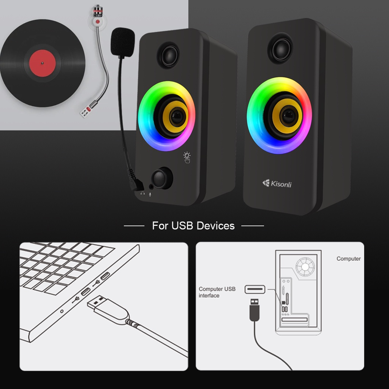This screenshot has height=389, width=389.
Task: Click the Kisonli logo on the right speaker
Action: pos(277,184)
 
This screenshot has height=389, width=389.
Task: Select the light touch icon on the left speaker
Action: pos(187,157)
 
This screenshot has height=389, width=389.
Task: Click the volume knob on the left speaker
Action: pos(161,178)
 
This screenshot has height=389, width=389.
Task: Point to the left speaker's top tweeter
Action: pos(169,55)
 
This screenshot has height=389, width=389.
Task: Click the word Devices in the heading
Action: pos(214,226)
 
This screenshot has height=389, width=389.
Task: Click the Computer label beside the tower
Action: pos(348,259)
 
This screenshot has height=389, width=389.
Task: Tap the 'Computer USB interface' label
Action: pos(217,292)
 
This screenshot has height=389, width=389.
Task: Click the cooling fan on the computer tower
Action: pos(306,267)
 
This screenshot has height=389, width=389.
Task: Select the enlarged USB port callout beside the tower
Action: pos(255,289)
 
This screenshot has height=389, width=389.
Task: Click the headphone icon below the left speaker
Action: pos(142,193)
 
